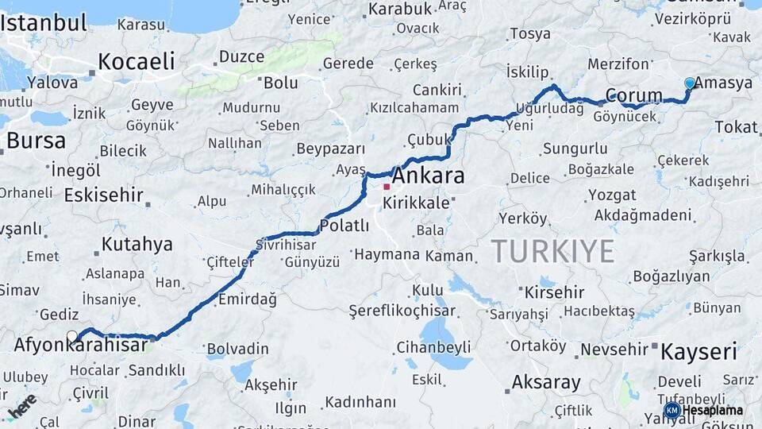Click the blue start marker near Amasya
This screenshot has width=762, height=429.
point(690,83)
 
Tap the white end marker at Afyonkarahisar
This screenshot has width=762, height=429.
point(72,337)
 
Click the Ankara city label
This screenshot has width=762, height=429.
point(428,176)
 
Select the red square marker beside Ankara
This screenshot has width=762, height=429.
point(387,187)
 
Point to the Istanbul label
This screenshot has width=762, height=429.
point(44,21)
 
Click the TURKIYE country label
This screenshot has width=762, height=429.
point(552,251)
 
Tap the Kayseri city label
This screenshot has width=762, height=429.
point(698,351)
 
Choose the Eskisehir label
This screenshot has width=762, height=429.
point(103,195)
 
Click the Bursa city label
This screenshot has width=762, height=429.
point(36,141)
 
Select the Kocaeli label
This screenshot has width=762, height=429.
point(136,60)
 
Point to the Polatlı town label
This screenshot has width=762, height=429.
point(344,225)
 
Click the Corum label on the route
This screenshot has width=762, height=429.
point(633,96)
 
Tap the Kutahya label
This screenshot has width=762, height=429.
point(137,244)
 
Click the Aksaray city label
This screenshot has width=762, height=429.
point(546,382)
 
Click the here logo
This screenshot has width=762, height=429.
point(21,405)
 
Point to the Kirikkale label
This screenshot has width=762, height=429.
point(416,203)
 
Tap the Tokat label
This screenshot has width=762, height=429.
point(736,127)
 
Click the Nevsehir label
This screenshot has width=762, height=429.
point(614,350)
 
